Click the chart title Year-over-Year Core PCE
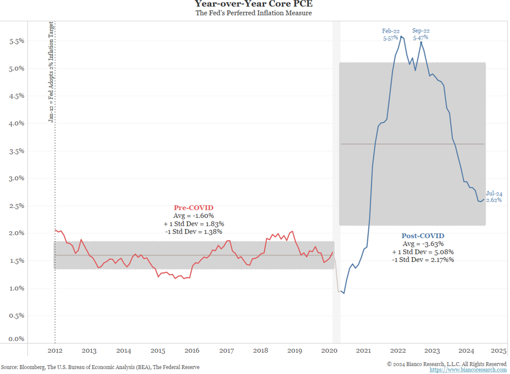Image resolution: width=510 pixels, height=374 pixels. click(x=253, y=4)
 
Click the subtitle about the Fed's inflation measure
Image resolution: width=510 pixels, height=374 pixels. click(x=253, y=13)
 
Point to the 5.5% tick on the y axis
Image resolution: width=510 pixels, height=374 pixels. click(x=17, y=41)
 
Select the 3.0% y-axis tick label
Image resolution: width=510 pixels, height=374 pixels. click(x=17, y=178)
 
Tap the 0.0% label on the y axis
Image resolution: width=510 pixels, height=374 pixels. click(x=17, y=339)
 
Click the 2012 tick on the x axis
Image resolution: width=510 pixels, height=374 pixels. click(x=55, y=351)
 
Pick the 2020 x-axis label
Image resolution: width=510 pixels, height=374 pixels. click(x=329, y=351)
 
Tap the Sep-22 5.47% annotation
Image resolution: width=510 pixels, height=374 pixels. click(x=420, y=34)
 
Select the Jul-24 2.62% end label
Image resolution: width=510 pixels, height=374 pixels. click(x=494, y=197)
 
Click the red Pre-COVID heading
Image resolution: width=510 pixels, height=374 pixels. click(x=194, y=208)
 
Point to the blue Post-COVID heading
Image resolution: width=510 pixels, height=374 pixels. click(x=423, y=236)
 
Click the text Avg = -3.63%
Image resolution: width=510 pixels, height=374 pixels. click(x=423, y=244)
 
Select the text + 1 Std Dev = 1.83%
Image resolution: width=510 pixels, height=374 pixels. click(x=194, y=224)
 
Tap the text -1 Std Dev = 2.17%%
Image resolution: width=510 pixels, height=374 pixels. click(x=423, y=259)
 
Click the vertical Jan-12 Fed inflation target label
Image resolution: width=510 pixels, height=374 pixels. click(x=50, y=72)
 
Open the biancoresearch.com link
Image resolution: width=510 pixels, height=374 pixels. click(x=468, y=370)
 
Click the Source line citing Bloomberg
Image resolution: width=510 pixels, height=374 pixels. click(x=100, y=368)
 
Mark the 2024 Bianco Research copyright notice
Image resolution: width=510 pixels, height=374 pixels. click(x=446, y=364)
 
